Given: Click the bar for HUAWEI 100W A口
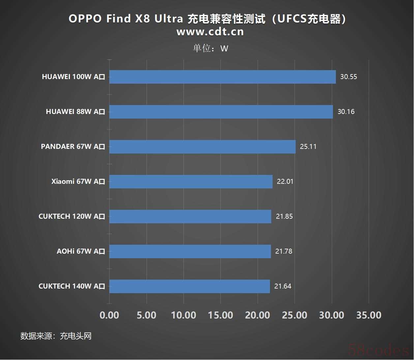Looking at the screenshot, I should click(222, 77).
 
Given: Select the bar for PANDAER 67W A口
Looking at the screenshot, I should click(202, 147).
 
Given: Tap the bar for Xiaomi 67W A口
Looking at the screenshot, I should click(191, 181).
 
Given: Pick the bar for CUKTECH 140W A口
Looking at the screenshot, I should click(190, 286).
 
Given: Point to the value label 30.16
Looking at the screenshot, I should click(346, 112).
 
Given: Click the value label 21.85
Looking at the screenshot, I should click(284, 216).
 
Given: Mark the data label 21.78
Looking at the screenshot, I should click(283, 251).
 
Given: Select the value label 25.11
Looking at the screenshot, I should click(308, 147).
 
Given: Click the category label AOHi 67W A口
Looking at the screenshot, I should click(81, 251).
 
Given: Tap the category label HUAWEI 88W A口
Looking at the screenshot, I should click(75, 112).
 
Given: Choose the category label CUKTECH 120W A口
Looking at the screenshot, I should click(72, 216).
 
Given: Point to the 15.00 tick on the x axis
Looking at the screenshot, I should click(221, 315).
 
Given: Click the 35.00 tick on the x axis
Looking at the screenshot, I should click(369, 315).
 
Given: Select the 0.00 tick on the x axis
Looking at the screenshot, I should click(109, 315).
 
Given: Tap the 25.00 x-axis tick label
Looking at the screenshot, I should click(294, 315).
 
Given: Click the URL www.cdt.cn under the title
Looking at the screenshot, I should click(210, 32).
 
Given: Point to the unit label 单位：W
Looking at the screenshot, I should click(210, 48).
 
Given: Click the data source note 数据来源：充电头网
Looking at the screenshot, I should click(56, 336).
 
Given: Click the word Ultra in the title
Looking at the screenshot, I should click(169, 19).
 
